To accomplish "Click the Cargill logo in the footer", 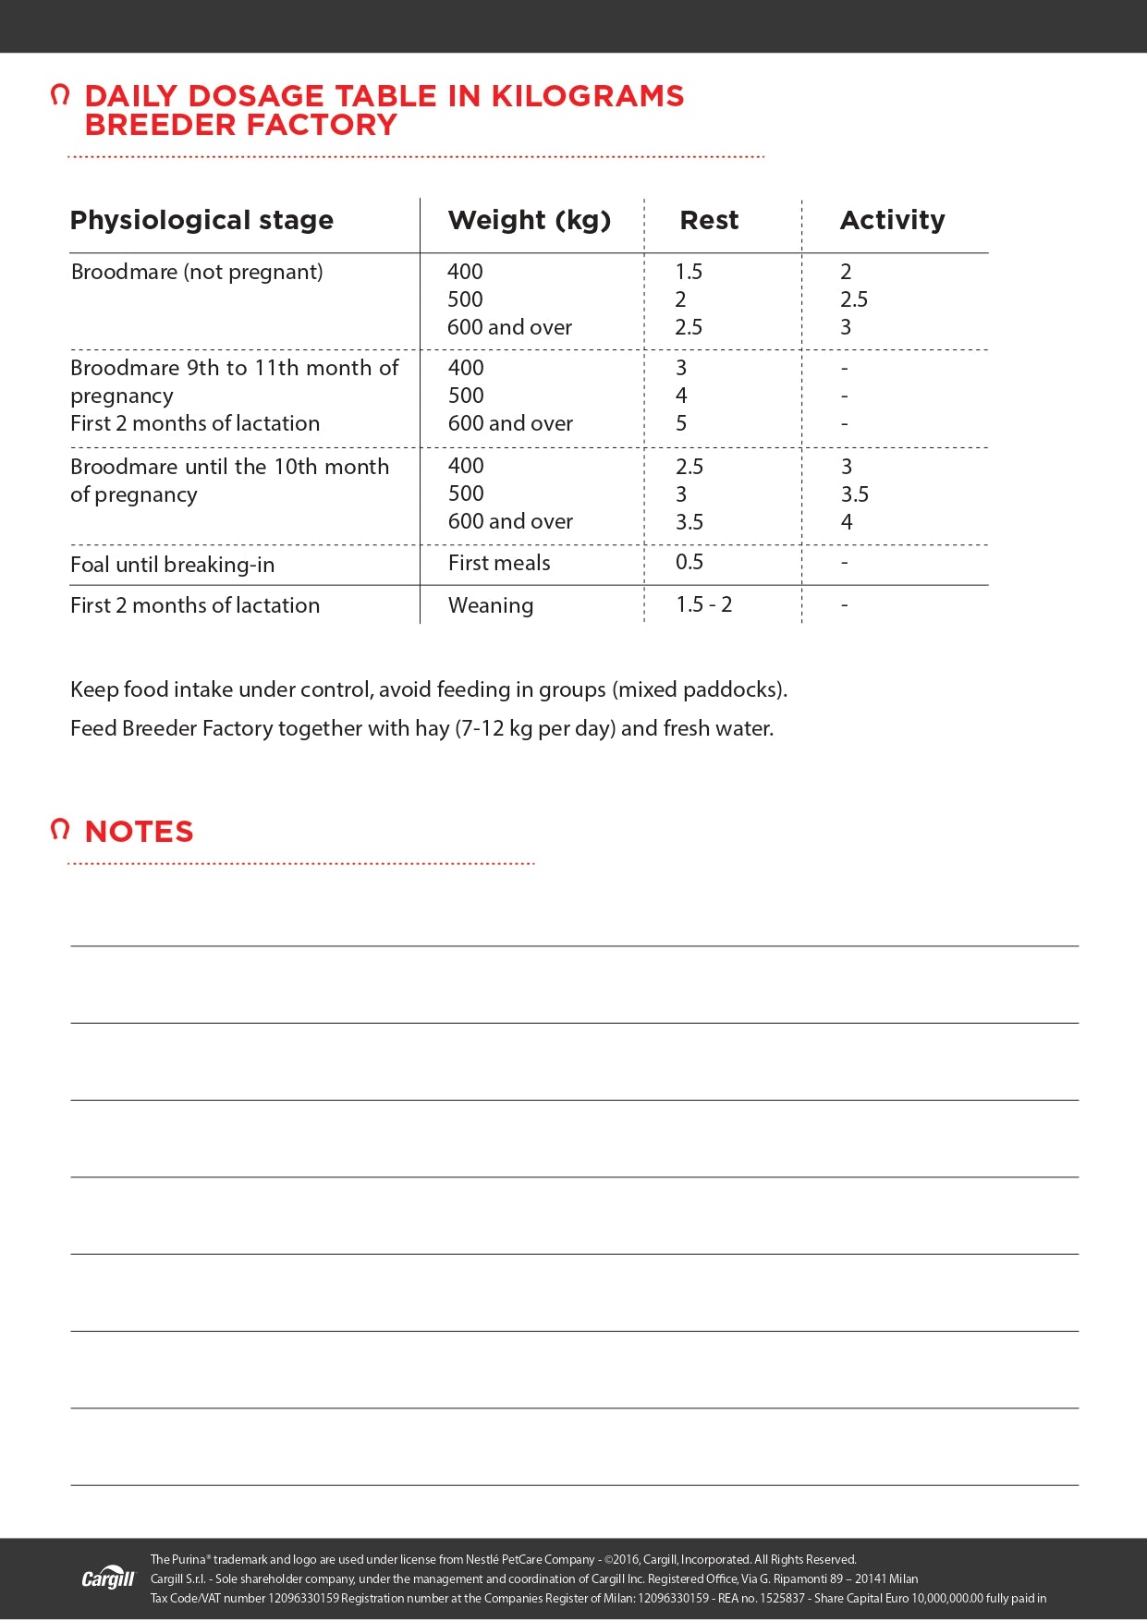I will pyautogui.click(x=108, y=1578).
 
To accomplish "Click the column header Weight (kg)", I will pyautogui.click(x=530, y=220).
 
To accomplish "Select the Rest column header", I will pyautogui.click(x=709, y=220).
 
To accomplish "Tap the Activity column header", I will pyautogui.click(x=892, y=220).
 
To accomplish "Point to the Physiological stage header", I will pyautogui.click(x=201, y=220).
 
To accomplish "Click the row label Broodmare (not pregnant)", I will pyautogui.click(x=197, y=272).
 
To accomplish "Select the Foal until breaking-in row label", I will pyautogui.click(x=172, y=565).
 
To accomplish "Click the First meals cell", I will pyautogui.click(x=499, y=563).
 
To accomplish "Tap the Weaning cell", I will pyautogui.click(x=491, y=605).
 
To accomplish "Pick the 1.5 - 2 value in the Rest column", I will pyautogui.click(x=703, y=604).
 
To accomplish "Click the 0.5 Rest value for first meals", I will pyautogui.click(x=689, y=562).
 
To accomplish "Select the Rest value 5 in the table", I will pyautogui.click(x=681, y=423).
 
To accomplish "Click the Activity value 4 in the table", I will pyautogui.click(x=847, y=522).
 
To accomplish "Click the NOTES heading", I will pyautogui.click(x=139, y=831).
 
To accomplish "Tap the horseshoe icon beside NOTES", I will pyautogui.click(x=60, y=829).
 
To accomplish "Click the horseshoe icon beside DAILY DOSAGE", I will pyautogui.click(x=60, y=94).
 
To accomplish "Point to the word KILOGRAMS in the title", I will pyautogui.click(x=587, y=96).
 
